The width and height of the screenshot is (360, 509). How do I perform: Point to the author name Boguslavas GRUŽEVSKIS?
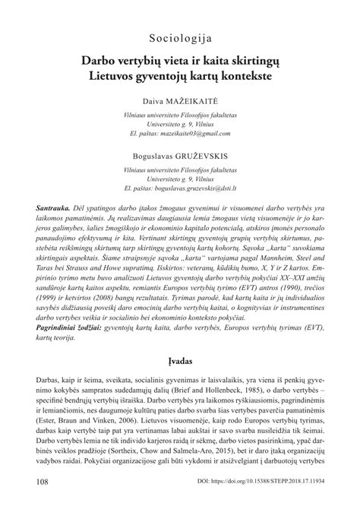pos(180,154)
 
